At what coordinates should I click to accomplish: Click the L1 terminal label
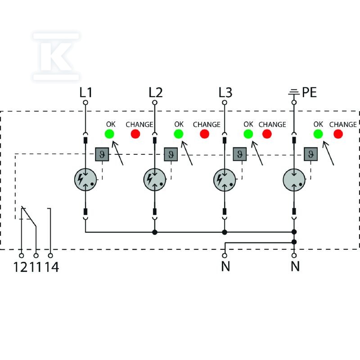(85, 93)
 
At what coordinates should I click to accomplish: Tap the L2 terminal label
(155, 93)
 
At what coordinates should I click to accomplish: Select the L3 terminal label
(225, 93)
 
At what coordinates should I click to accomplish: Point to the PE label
(309, 93)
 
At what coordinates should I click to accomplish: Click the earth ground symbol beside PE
(294, 93)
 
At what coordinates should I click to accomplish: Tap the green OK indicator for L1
(109, 134)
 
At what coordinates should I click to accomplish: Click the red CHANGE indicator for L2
(204, 134)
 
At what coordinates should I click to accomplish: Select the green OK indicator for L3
(248, 134)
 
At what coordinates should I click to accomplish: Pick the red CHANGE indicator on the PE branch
(338, 134)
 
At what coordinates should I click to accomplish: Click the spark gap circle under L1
(85, 180)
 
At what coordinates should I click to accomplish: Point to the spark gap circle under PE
(294, 180)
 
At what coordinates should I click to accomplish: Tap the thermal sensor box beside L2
(171, 154)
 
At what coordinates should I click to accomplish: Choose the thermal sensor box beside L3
(240, 154)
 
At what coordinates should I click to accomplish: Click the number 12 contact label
(20, 267)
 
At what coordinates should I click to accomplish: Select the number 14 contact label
(52, 267)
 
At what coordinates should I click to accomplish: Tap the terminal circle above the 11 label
(36, 256)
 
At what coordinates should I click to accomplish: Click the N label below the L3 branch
(225, 266)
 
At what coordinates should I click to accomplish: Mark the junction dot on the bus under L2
(155, 232)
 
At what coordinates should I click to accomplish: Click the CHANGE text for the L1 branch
(139, 125)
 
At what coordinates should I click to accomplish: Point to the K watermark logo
(56, 56)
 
